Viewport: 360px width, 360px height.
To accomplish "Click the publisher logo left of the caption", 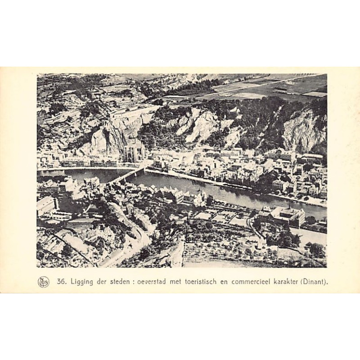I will tap(44, 282).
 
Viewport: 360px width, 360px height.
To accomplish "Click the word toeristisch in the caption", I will tap(200, 282).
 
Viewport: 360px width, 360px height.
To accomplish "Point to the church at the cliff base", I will tap(134, 151).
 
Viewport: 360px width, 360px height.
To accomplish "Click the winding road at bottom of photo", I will tap(130, 243).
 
